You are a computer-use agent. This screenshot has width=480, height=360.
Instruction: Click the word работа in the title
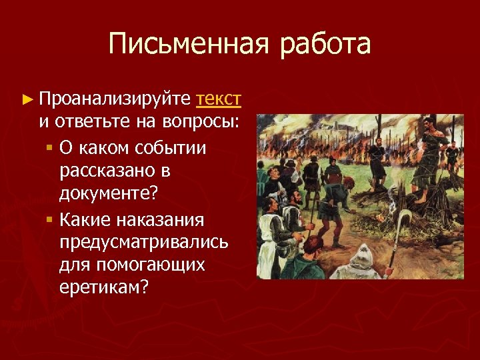coord(325,45)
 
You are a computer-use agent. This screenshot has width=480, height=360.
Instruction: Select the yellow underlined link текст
coord(219,99)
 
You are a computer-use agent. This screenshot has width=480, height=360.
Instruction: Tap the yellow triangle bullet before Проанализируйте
coord(27,100)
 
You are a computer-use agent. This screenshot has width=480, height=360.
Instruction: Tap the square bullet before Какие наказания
coord(50,219)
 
